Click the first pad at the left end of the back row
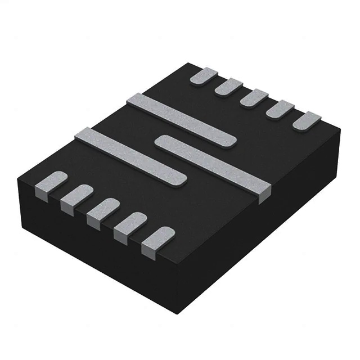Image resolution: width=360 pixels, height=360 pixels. pos(204,76)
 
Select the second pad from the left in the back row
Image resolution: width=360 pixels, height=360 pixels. pos(229,87)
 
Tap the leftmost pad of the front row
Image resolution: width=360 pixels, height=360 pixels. pos(51,183)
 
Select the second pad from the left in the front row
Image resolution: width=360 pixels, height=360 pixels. pos(77,195)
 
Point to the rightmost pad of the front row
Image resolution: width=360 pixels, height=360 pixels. pos(158,240)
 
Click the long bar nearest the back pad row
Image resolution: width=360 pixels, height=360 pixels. pos(180,120)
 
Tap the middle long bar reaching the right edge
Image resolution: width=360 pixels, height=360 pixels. pos(214,163)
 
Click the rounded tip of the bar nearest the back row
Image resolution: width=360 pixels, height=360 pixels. pos(228,142)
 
